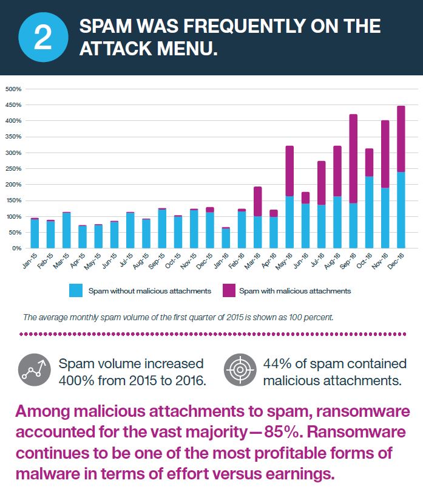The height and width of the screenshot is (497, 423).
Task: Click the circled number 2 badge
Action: (43, 38)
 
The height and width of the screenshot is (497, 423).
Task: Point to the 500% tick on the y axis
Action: (13, 89)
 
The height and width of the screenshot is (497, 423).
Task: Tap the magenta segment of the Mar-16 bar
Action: (257, 201)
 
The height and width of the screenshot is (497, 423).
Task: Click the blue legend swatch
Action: (75, 290)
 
